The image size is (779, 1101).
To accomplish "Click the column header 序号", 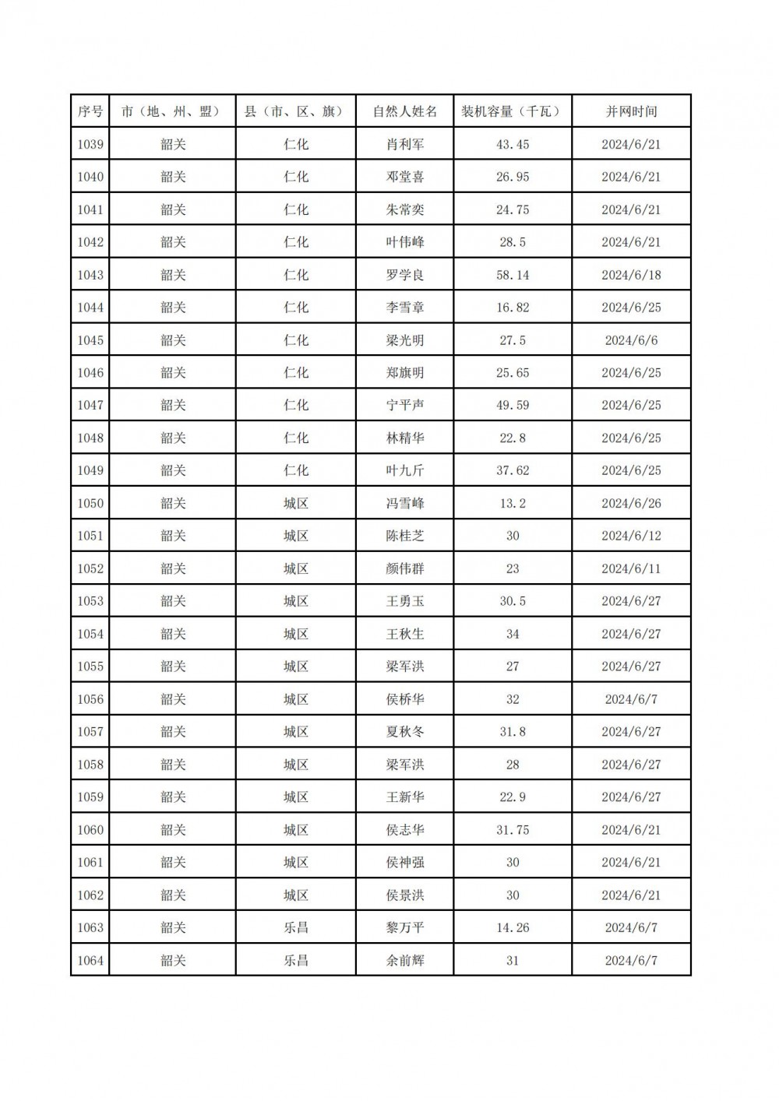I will [x=90, y=111].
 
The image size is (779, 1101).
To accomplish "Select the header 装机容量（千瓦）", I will [x=513, y=111].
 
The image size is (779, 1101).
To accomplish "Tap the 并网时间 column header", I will [x=631, y=111].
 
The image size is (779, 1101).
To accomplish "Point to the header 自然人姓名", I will [x=405, y=111].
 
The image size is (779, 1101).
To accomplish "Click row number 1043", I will [x=90, y=275].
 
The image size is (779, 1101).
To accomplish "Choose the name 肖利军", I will [x=405, y=144].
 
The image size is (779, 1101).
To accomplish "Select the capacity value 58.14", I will [x=513, y=275].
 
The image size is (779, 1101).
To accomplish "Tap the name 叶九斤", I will [x=405, y=470].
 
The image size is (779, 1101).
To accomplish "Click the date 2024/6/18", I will [x=631, y=275].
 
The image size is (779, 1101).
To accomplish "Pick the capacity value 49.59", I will [x=513, y=405].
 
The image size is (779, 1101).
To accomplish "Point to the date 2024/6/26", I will [x=631, y=503].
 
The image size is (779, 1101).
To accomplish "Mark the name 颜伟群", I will [x=405, y=568].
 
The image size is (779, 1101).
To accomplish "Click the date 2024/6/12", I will [x=631, y=536].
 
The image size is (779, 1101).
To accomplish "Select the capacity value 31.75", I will [x=513, y=829].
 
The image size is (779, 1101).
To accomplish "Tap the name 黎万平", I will [x=405, y=927].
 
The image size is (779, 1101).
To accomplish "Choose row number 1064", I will [x=90, y=960].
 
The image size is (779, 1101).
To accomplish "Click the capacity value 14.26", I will [x=513, y=927].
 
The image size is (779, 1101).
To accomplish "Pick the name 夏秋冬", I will [x=405, y=732].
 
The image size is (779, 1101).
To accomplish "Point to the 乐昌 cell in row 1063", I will [x=296, y=927].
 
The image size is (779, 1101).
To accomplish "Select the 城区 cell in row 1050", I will [x=296, y=503].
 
